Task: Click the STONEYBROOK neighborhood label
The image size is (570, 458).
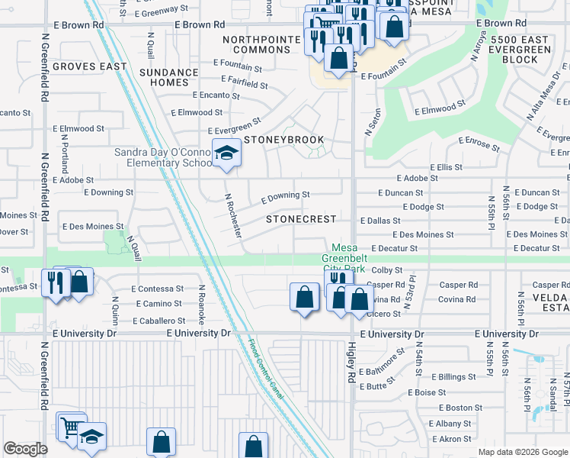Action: tap(283, 140)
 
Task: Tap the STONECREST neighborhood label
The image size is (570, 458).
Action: tap(301, 219)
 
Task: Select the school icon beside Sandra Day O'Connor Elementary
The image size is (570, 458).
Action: tap(226, 153)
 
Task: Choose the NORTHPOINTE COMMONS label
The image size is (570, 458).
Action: tap(256, 44)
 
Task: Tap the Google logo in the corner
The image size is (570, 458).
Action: tap(25, 449)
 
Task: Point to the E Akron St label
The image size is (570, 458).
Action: tap(450, 439)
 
